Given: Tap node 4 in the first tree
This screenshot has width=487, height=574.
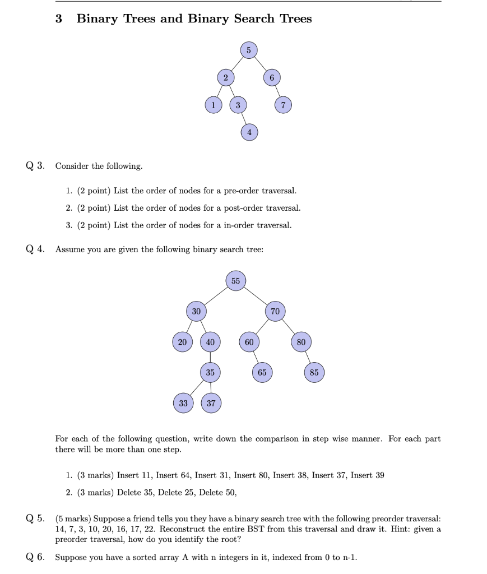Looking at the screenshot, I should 249,132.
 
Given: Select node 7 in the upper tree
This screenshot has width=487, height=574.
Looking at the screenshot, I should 284,105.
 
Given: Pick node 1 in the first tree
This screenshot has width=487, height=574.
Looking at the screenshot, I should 213,105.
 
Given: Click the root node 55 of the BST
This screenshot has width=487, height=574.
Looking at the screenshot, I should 235,281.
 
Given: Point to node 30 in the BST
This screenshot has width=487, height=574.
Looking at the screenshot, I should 196,311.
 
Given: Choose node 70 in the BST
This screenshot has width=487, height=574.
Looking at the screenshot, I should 275,311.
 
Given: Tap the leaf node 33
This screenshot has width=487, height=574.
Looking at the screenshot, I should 183,402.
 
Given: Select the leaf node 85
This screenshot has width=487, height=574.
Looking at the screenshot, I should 314,372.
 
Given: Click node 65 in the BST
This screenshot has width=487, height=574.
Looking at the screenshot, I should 262,372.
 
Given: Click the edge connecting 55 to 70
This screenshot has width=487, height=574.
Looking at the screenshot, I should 255,296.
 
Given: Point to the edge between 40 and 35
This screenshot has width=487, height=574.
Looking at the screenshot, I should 211,357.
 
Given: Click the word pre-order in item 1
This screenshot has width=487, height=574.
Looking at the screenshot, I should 242,191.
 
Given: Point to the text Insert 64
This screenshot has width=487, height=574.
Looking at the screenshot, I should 170,475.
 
